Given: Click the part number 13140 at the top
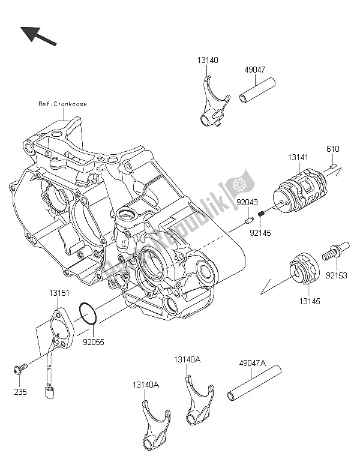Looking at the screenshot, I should (206, 60).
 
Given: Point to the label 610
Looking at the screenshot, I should (332, 149).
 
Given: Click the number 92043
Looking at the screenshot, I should (246, 203).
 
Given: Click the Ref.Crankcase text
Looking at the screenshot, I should (62, 104).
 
